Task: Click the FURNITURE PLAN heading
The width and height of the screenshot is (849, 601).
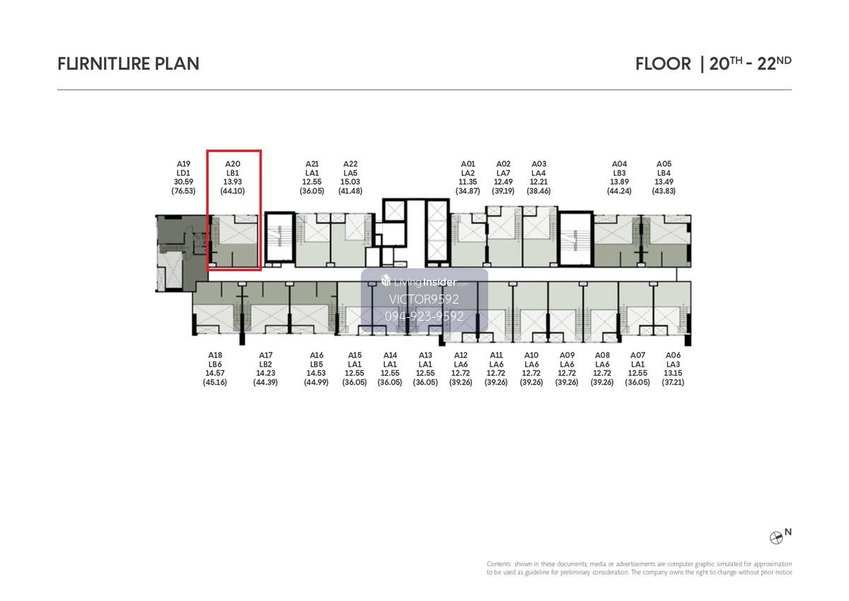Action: tap(128, 64)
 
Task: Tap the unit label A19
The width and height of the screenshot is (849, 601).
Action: tap(183, 164)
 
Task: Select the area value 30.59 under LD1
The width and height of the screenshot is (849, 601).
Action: tap(183, 182)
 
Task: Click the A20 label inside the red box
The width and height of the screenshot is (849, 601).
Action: tap(233, 164)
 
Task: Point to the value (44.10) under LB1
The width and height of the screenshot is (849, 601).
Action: tap(233, 191)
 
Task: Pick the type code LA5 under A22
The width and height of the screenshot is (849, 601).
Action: tap(350, 173)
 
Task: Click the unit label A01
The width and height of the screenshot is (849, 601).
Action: tap(468, 164)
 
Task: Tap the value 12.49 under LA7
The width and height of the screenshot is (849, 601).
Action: tap(503, 182)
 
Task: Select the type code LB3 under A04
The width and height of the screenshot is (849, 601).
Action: tap(619, 173)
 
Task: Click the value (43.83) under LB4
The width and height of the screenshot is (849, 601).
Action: tap(664, 191)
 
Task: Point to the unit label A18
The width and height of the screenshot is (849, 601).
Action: tap(215, 355)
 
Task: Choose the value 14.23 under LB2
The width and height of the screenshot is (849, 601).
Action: tap(266, 374)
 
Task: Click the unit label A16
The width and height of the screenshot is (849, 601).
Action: tap(316, 355)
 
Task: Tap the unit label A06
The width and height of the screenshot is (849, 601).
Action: tap(673, 355)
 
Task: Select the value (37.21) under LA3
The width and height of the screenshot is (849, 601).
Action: tap(673, 382)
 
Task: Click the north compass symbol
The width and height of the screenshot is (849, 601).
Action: tap(776, 538)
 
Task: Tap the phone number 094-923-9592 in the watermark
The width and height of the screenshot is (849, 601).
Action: tap(424, 316)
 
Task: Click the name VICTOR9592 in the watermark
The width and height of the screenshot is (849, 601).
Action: tap(424, 299)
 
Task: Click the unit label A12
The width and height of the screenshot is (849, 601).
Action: tap(461, 355)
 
